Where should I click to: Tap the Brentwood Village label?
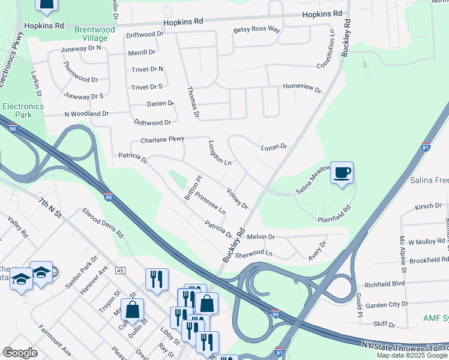94,34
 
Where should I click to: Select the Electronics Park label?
23,110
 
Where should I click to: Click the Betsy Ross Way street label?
257,30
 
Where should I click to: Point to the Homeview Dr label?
302,88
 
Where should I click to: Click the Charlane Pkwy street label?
162,140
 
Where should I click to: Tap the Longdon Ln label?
220,153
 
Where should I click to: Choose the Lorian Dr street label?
274,146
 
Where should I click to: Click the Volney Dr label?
238,199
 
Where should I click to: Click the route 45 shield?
120,271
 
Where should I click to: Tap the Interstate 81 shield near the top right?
426,147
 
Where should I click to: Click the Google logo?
20,353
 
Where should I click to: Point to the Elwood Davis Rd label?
103,223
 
